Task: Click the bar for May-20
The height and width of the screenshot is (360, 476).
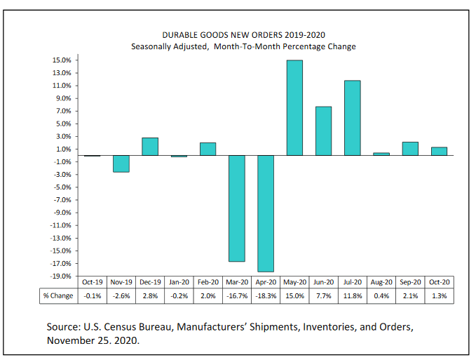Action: pos(294,107)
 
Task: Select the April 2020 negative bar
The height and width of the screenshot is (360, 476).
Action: pos(266,213)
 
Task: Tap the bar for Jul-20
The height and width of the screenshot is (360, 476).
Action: pos(352,118)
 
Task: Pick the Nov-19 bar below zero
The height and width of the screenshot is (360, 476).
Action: pos(121,164)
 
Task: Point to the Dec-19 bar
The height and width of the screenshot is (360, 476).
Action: pos(150,146)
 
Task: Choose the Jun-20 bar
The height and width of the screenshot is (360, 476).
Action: pos(323,131)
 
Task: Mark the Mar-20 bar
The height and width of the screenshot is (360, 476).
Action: pos(237,208)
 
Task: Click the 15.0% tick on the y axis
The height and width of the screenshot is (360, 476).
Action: pos(61,60)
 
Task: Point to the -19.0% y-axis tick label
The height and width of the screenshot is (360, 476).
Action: pos(60,276)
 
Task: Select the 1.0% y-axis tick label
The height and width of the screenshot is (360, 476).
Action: pos(62,149)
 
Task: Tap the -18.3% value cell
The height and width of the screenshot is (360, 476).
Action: pos(266,296)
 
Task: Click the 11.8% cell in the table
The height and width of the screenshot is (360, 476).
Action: pos(352,296)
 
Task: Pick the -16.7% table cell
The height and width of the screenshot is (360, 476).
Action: pos(237,296)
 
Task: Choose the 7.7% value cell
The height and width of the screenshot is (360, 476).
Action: pos(323,296)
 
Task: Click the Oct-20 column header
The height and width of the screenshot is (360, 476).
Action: pos(439,282)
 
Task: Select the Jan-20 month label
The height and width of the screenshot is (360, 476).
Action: pos(179,282)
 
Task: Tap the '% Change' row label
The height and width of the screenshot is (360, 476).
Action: pos(57,296)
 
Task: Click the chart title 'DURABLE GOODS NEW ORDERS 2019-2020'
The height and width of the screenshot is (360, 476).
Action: pos(243,34)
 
